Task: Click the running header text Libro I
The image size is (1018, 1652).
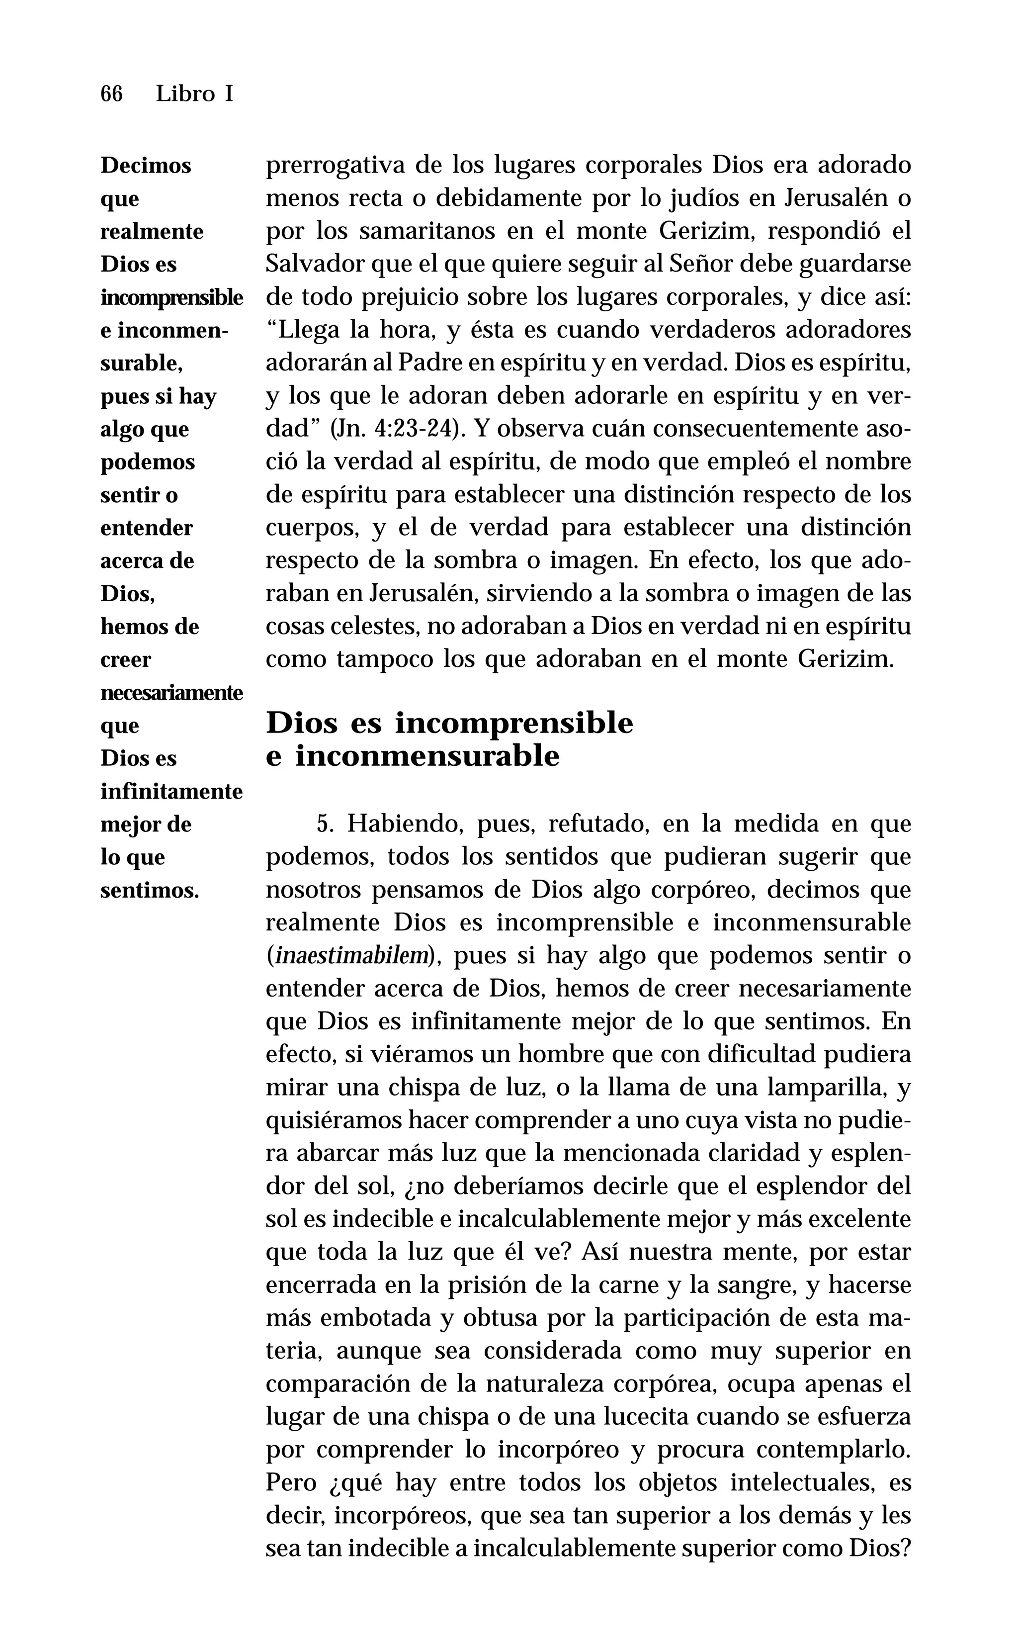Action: pos(194,93)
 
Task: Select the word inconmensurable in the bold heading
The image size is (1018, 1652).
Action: pos(427,756)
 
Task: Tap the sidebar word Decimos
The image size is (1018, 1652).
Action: pos(146,166)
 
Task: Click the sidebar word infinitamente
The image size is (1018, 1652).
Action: pos(171,791)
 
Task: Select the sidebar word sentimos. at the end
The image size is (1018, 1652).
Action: pos(150,890)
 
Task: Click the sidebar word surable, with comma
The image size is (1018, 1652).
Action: pos(141,364)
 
